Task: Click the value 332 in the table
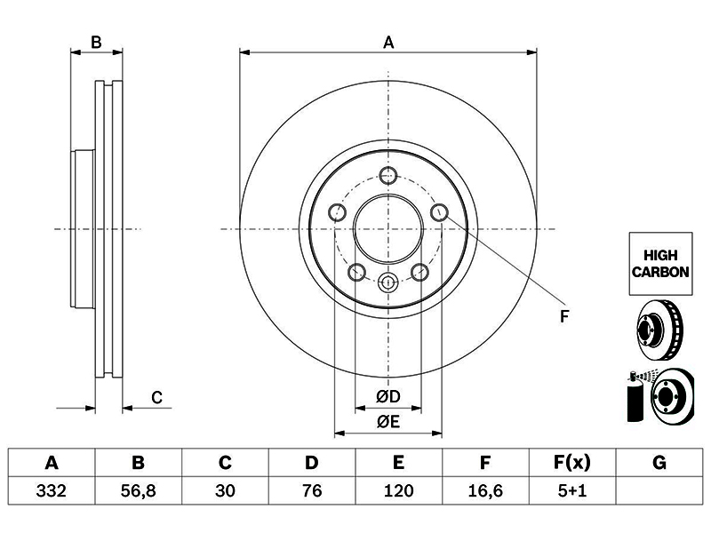[52, 490]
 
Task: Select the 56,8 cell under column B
[139, 490]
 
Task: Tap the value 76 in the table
[312, 490]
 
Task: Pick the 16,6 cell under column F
[485, 490]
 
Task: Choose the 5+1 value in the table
[572, 490]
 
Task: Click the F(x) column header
[572, 463]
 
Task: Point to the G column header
[659, 463]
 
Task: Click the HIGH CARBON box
[660, 264]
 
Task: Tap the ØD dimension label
[388, 396]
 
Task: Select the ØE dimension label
[388, 422]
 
